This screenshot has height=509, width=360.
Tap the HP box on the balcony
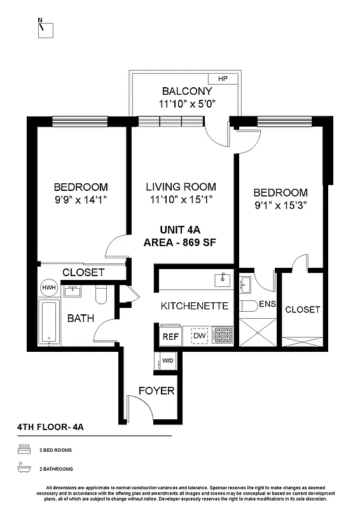click(223, 79)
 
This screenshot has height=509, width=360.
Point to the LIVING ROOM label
click(181, 187)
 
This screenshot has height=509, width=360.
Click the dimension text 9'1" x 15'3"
click(280, 205)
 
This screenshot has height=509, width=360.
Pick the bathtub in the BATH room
click(48, 323)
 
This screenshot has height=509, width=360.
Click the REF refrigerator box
click(170, 335)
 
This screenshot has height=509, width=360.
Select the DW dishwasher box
click(199, 335)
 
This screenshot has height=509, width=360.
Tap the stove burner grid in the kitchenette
click(223, 335)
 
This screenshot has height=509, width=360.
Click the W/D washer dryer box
click(168, 361)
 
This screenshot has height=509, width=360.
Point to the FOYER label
click(156, 391)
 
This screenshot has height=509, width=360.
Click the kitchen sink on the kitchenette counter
click(221, 277)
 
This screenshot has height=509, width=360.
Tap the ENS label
click(267, 304)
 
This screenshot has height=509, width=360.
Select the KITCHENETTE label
click(194, 306)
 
